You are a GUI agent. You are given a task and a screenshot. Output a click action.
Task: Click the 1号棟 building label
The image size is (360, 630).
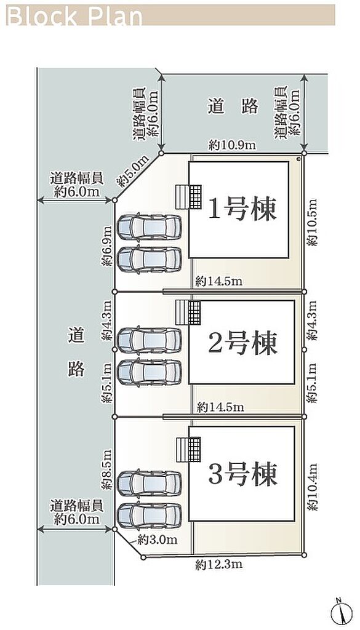(x=242, y=210)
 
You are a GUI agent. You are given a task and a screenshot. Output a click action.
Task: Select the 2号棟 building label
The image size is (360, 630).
(x=242, y=343)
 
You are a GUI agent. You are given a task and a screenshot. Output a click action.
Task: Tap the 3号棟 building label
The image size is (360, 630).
(x=242, y=474)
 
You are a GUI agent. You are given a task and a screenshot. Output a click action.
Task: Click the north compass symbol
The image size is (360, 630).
(x=341, y=613)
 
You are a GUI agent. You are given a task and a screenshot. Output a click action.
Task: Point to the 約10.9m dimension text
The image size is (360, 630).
(x=232, y=145)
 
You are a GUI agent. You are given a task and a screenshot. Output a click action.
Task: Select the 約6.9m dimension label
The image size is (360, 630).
(x=107, y=245)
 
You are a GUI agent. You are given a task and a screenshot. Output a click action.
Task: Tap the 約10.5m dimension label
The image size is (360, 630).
(x=312, y=222)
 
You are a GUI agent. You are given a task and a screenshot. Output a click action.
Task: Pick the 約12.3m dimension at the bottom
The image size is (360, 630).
(x=219, y=565)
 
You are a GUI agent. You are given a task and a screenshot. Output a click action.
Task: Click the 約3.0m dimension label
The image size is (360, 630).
(x=157, y=540)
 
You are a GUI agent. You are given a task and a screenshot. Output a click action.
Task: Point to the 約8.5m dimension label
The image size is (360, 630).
(x=107, y=469)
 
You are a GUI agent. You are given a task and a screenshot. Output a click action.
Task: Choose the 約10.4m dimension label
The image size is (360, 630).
(x=312, y=487)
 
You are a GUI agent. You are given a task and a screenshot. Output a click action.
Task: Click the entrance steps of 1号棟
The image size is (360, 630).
(x=188, y=197)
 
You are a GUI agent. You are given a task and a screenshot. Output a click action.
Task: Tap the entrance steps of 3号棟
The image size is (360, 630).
(x=188, y=450)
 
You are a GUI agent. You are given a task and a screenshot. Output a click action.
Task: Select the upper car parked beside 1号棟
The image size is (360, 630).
(x=149, y=226)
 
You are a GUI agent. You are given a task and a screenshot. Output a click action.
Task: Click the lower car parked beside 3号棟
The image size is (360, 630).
(x=149, y=516)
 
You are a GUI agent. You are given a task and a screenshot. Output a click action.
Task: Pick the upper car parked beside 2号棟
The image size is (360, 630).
(x=149, y=340)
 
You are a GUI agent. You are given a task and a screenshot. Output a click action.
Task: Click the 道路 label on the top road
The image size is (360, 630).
(x=233, y=106)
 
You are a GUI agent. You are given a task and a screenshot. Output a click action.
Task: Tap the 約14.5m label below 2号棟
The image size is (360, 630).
(x=220, y=407)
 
